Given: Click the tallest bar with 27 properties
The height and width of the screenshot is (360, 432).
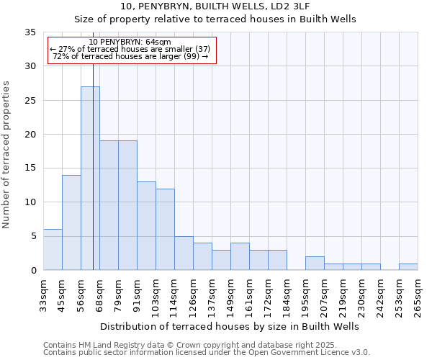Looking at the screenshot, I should pos(90,179).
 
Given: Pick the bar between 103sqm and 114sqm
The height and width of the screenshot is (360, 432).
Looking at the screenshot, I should pos(165,229).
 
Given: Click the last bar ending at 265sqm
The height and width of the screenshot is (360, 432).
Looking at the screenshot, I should pos(408,266).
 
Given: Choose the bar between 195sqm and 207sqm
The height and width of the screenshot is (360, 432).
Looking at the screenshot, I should pos(315,263).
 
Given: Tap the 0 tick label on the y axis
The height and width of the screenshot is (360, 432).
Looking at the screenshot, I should pos(33,271).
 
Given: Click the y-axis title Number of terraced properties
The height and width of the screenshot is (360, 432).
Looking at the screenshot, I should pos(7,155).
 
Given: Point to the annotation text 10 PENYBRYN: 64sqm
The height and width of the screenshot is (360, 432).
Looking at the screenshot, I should pos(131,42).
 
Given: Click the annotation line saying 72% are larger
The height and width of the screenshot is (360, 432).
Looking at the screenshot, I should pos(131,57).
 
